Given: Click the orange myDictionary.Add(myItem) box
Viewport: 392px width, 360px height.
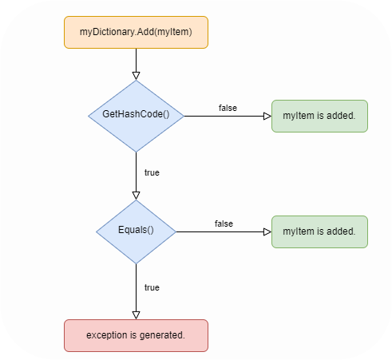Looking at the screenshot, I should pyautogui.click(x=136, y=32).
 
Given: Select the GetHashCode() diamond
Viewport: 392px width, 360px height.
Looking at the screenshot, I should pyautogui.click(x=136, y=115).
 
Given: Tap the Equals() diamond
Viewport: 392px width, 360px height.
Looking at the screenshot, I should pyautogui.click(x=136, y=231).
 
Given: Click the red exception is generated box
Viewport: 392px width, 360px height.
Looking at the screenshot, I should pyautogui.click(x=136, y=335).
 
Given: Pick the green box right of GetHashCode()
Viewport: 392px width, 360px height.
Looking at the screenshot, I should pyautogui.click(x=319, y=116).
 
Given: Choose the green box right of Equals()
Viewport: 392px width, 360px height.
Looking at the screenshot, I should pyautogui.click(x=319, y=231).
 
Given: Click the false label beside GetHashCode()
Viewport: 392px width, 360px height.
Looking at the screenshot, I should pyautogui.click(x=228, y=108).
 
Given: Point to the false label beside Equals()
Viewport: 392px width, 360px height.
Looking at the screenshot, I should pyautogui.click(x=224, y=224).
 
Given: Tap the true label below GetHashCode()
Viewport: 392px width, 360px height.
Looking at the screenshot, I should pyautogui.click(x=151, y=172).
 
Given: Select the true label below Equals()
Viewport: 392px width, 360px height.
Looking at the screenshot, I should pyautogui.click(x=151, y=287).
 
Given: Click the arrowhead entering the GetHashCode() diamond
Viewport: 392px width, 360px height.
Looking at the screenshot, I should pyautogui.click(x=136, y=75).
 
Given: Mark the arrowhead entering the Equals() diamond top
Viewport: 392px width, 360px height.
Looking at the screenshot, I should pyautogui.click(x=136, y=194).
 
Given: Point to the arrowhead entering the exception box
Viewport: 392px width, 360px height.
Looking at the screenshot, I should pyautogui.click(x=136, y=315).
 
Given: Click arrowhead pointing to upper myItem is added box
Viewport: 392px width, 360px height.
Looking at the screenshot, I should pyautogui.click(x=267, y=116).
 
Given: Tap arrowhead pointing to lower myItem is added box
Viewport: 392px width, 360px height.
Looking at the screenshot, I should pyautogui.click(x=267, y=231).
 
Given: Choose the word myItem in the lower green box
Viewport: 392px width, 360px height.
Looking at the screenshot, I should pyautogui.click(x=297, y=231).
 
